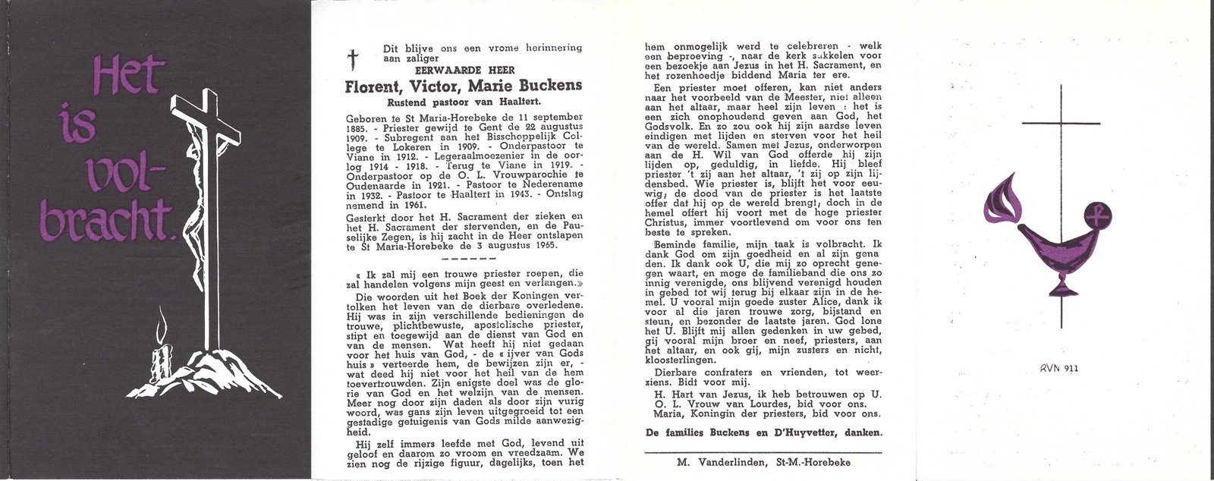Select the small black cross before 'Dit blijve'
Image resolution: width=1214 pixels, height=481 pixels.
(x=351, y=59)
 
